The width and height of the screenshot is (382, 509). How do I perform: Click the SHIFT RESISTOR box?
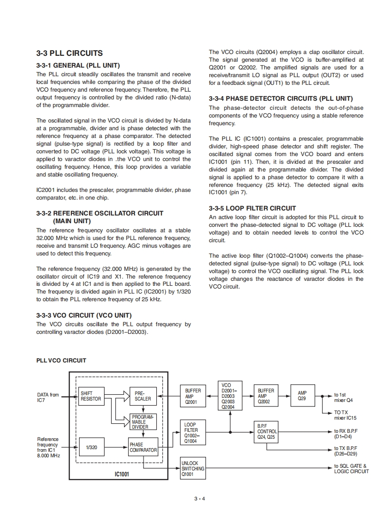click(x=91, y=396)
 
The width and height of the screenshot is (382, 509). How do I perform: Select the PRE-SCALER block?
click(x=143, y=396)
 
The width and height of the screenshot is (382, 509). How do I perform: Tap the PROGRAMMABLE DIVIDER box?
click(x=143, y=421)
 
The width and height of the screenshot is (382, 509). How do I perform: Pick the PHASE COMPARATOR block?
click(x=143, y=447)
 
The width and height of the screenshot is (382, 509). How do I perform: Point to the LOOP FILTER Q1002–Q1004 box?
click(x=193, y=432)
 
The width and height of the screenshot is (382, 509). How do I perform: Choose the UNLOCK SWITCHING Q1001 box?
click(x=193, y=469)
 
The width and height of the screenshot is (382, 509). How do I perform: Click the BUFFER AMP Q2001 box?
click(x=193, y=396)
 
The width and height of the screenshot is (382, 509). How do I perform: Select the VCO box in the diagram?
click(x=229, y=396)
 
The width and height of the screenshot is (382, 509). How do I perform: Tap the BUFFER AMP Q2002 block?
click(x=266, y=396)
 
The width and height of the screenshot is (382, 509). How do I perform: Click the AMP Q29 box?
click(x=302, y=396)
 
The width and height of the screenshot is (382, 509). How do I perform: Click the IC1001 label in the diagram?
click(x=122, y=474)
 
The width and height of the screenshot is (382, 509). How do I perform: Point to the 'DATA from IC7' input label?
click(x=48, y=397)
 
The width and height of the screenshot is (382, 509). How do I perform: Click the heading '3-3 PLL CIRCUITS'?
click(x=69, y=54)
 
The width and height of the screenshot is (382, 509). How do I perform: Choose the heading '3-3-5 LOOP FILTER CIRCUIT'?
click(x=252, y=208)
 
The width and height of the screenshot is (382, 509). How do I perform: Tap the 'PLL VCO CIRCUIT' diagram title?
click(x=61, y=361)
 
